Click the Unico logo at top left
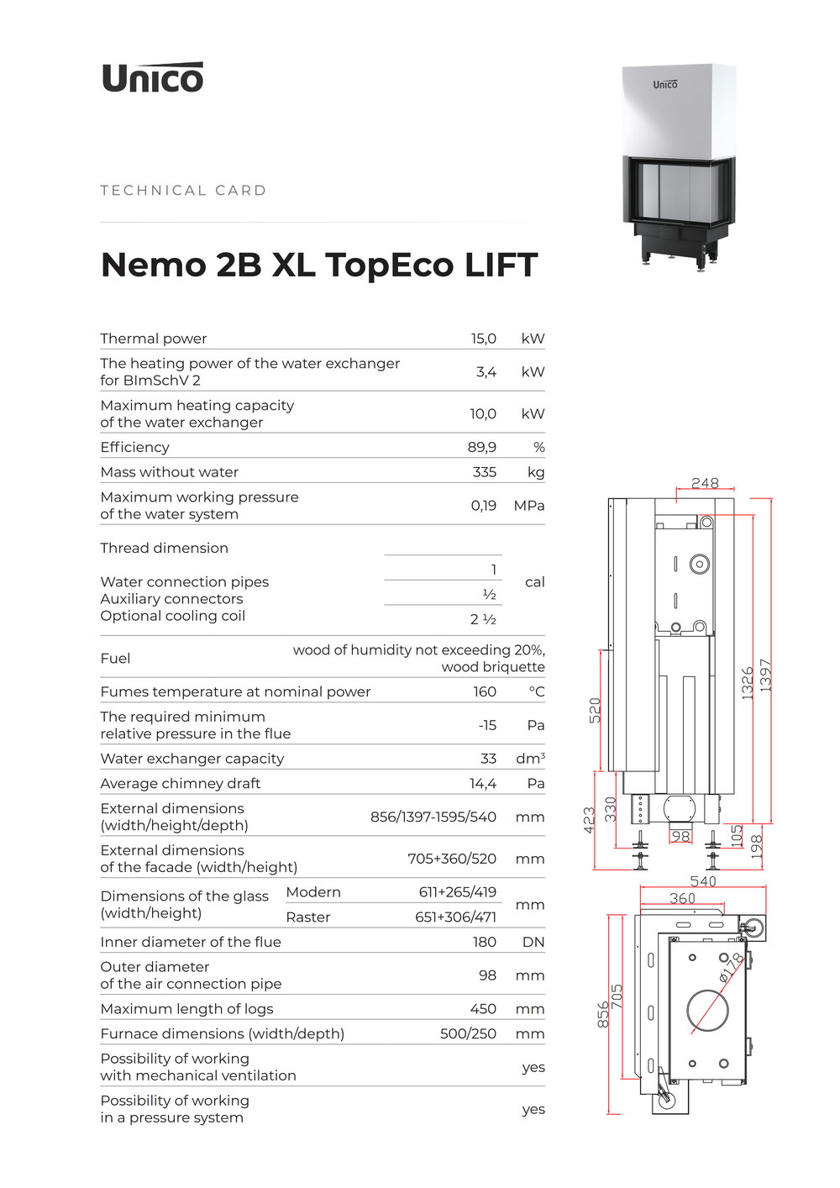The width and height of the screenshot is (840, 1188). coord(152,77)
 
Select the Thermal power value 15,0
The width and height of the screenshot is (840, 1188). coord(483,339)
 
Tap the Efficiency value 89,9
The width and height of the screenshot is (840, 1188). coord(481,447)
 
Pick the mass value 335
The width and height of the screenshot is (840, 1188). coord(484,472)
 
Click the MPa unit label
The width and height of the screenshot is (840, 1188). coord(529,506)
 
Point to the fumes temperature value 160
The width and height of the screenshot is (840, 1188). coord(485,691)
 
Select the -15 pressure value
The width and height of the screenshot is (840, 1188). coord(487,725)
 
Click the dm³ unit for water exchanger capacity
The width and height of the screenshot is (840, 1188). coord(530,759)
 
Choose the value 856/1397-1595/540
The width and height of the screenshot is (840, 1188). coord(433,817)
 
